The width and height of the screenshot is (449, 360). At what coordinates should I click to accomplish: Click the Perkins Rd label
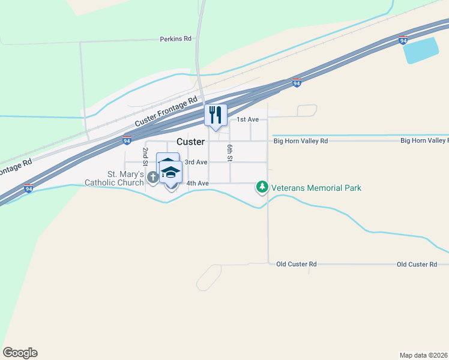click(175, 38)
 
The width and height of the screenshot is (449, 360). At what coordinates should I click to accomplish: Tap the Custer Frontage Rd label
click(166, 112)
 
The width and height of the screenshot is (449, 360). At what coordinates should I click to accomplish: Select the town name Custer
click(190, 142)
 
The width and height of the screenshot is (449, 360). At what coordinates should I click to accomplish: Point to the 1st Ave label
click(247, 120)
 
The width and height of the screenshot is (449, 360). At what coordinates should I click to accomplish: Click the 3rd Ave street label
click(196, 162)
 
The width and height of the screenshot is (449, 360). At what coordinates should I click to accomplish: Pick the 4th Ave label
click(197, 183)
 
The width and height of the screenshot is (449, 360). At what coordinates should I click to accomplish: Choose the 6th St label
click(229, 153)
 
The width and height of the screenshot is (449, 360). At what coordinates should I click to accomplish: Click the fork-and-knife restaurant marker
click(215, 115)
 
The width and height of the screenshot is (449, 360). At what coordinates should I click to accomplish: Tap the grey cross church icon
click(152, 177)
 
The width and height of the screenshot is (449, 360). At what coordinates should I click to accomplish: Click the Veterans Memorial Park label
click(316, 188)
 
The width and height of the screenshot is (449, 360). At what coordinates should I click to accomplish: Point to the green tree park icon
click(262, 188)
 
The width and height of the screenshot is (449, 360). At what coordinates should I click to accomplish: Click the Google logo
click(20, 353)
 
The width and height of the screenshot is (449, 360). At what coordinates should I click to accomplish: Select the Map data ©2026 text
click(423, 355)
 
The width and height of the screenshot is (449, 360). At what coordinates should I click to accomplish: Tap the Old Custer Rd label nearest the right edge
click(417, 264)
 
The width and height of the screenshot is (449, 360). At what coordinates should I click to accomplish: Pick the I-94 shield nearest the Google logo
click(28, 189)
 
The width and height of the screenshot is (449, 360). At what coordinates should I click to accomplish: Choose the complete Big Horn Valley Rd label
click(301, 141)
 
